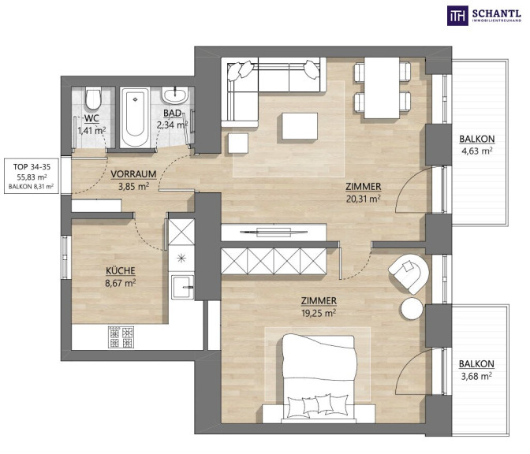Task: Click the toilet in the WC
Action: pos(93,99)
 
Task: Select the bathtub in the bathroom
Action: pos(135,117)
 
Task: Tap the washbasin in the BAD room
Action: pos(175,95)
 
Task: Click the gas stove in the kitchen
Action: pos(121,337)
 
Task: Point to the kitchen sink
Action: pos(182,287)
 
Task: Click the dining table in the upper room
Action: pos(382,87)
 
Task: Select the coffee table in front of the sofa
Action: pos(300,126)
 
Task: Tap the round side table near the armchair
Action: pos(412,308)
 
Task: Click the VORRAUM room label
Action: pos(133,174)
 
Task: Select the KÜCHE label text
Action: pos(121,271)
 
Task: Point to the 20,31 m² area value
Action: pos(364,199)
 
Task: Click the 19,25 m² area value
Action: pos(319,313)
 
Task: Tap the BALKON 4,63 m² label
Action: pos(476,145)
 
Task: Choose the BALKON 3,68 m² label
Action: pos(476,370)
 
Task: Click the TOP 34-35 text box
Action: pos(32,176)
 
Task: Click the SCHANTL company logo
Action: pos(484,16)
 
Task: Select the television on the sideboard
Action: pos(274,232)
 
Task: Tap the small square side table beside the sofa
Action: pos(238,143)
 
